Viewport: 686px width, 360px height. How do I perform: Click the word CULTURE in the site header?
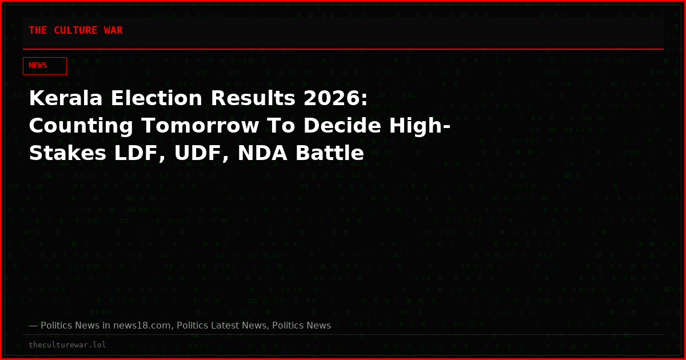pyautogui.click(x=75, y=30)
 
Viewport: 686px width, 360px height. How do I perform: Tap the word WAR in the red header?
pyautogui.click(x=113, y=30)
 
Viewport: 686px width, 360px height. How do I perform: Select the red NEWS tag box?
pyautogui.click(x=45, y=66)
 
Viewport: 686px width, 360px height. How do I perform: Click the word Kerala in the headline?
pyautogui.click(x=66, y=98)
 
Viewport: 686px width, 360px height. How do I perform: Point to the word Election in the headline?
pyautogui.click(x=156, y=98)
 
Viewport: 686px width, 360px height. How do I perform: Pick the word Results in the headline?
pyautogui.click(x=253, y=98)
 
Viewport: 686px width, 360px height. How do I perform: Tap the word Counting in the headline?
pyautogui.click(x=81, y=126)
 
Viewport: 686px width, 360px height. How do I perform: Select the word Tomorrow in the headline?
pyautogui.click(x=200, y=126)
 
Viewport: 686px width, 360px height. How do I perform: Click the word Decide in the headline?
pyautogui.click(x=342, y=126)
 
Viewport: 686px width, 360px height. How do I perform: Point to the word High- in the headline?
pyautogui.click(x=420, y=126)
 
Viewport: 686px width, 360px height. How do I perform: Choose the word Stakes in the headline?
pyautogui.click(x=67, y=153)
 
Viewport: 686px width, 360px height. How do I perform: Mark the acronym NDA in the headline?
pyautogui.click(x=262, y=153)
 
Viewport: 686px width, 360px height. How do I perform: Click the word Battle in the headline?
pyautogui.click(x=329, y=153)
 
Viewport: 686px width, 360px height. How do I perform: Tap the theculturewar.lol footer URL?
pyautogui.click(x=67, y=345)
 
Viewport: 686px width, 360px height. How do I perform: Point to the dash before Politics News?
pyautogui.click(x=33, y=326)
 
